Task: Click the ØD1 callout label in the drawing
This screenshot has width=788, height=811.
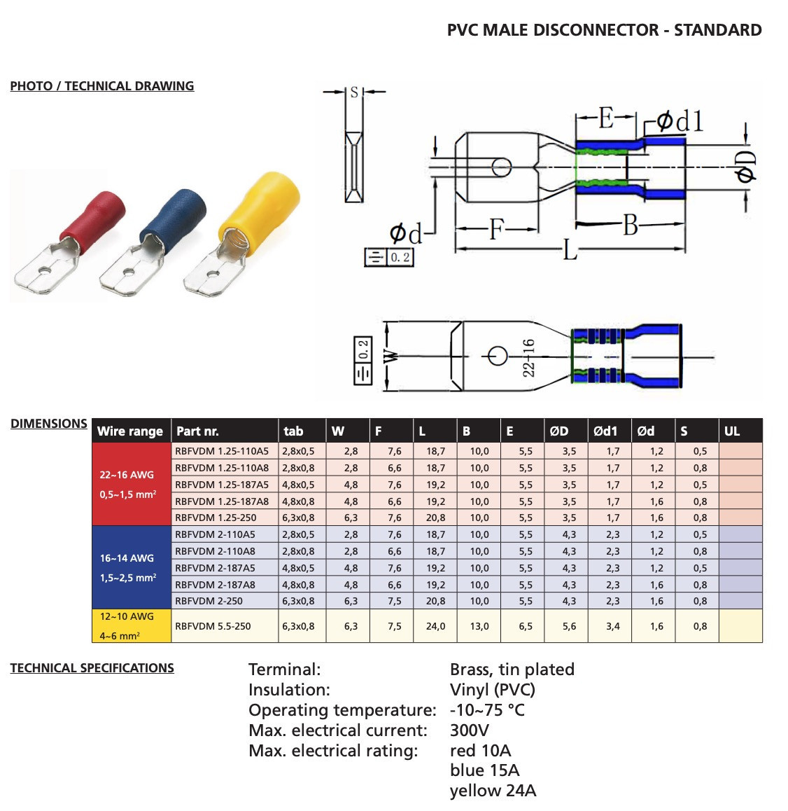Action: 680,122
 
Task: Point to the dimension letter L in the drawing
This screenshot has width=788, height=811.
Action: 570,250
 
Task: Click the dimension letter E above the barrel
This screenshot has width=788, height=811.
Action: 606,118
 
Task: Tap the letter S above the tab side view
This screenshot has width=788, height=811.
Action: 354,92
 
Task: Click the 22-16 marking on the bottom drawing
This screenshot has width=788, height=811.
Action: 528,357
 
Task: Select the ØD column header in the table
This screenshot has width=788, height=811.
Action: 558,431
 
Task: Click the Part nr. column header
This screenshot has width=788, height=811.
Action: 197,431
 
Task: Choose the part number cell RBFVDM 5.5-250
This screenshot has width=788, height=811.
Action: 212,626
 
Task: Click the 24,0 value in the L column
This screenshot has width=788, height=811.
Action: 435,626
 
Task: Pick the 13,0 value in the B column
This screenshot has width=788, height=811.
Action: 479,626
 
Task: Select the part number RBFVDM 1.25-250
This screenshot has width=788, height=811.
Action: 216,518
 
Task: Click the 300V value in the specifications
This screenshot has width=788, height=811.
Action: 469,730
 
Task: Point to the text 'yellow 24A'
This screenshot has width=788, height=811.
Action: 493,791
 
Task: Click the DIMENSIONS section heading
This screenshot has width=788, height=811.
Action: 48,424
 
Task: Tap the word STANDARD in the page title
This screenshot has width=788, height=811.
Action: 718,30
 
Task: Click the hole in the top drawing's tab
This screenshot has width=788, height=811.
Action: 501,167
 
